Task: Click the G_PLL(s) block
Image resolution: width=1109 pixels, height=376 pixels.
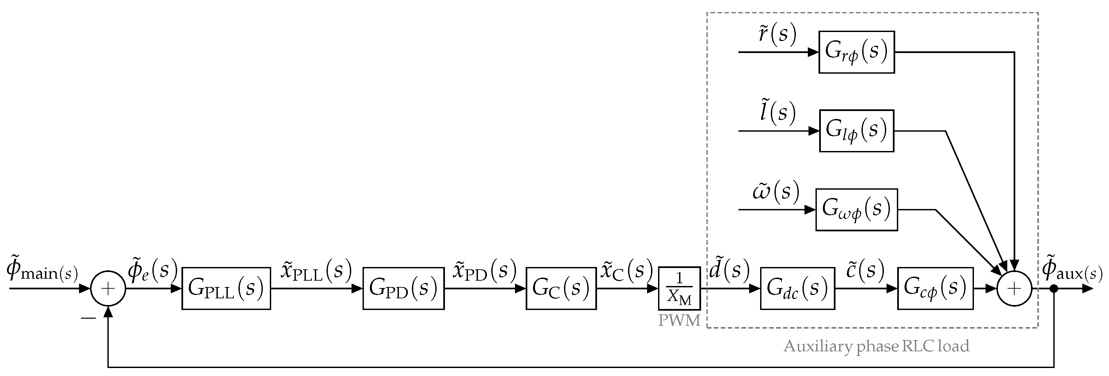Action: pos(226,288)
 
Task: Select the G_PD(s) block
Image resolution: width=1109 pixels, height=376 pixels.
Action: pos(403,288)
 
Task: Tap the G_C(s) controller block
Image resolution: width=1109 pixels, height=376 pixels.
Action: pos(561,288)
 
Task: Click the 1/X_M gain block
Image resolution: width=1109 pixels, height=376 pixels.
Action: pos(679,288)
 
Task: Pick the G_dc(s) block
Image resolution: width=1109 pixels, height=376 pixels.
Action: pos(797,288)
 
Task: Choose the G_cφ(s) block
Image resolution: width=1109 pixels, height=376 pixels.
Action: pos(935,288)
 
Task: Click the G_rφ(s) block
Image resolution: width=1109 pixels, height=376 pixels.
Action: pos(856,52)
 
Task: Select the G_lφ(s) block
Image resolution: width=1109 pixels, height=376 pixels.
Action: pos(856,131)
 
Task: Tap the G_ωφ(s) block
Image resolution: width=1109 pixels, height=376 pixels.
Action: pos(856,210)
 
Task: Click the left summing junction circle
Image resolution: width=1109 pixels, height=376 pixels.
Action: pos(108,288)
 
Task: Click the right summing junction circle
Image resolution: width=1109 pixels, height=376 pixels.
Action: pos(1014,288)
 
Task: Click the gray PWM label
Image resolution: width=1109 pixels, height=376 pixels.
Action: pos(679,320)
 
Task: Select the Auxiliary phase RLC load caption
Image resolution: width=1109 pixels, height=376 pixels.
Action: pos(876,346)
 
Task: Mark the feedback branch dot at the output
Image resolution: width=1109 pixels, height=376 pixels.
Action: pos(1054,288)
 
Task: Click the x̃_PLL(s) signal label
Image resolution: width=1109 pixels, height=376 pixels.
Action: pos(316,271)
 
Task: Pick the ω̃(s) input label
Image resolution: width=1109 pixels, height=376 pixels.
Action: pos(776,192)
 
